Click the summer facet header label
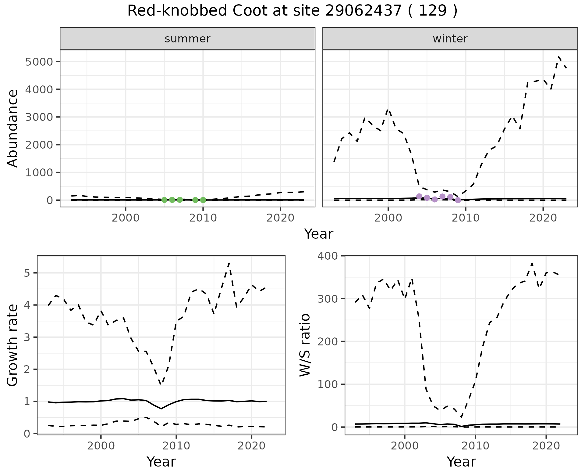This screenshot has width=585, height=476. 187,39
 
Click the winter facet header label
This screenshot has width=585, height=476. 450,39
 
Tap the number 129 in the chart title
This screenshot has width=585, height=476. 433,11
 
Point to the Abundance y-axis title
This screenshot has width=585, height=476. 12,128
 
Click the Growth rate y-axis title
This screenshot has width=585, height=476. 12,345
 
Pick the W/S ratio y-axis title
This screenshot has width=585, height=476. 305,345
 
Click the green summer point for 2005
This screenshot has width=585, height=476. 164,200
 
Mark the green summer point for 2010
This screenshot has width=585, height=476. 203,200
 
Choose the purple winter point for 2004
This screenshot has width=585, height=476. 419,197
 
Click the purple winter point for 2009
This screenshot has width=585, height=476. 458,200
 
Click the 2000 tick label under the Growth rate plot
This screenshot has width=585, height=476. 101,446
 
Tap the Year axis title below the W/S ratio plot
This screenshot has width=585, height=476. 461,462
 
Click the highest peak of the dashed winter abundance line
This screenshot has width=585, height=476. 558,56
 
